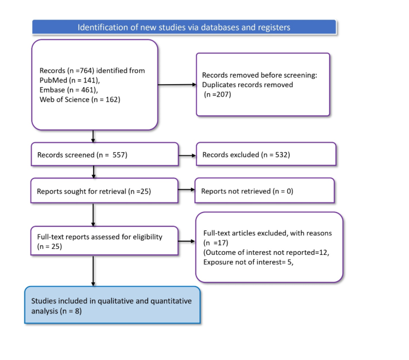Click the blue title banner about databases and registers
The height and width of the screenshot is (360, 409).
(184, 27)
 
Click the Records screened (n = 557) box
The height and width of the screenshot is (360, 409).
(104, 155)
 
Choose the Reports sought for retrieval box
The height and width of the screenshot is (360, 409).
(104, 191)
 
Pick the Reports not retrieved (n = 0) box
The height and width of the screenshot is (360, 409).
(263, 191)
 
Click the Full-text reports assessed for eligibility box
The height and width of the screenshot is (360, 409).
(104, 241)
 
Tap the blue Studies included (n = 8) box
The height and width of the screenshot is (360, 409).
(112, 306)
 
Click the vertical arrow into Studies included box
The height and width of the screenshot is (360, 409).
(94, 272)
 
